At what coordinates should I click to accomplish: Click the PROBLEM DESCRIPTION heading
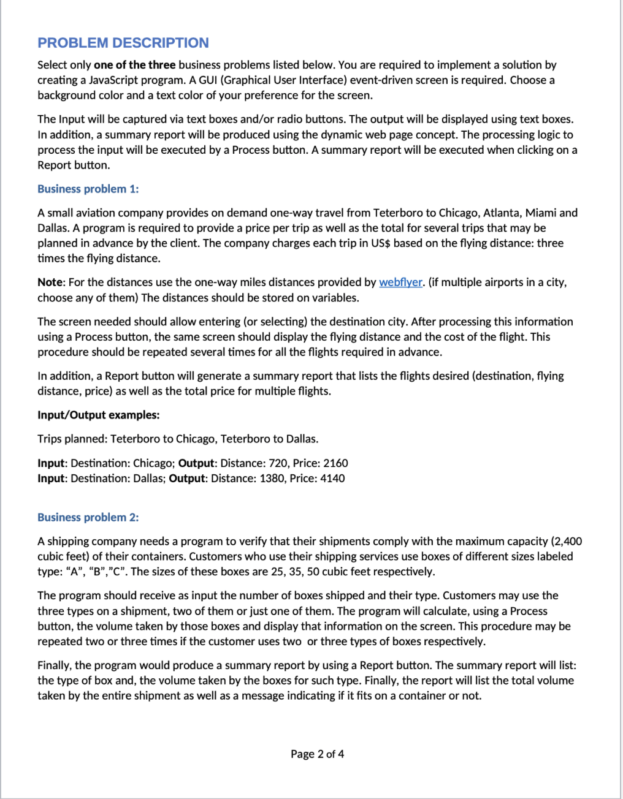point(123,43)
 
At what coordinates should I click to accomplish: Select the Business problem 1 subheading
point(88,189)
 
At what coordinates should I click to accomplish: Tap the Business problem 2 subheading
point(88,517)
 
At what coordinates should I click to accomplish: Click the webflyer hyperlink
point(400,282)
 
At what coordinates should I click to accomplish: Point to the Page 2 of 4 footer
point(317,754)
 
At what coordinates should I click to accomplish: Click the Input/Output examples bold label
point(99,415)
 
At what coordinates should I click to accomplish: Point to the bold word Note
point(50,282)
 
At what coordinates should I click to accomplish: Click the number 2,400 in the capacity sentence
point(567,541)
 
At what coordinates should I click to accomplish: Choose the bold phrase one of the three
point(134,65)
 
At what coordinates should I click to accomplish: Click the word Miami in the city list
point(540,213)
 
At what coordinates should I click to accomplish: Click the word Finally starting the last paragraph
point(55,665)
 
